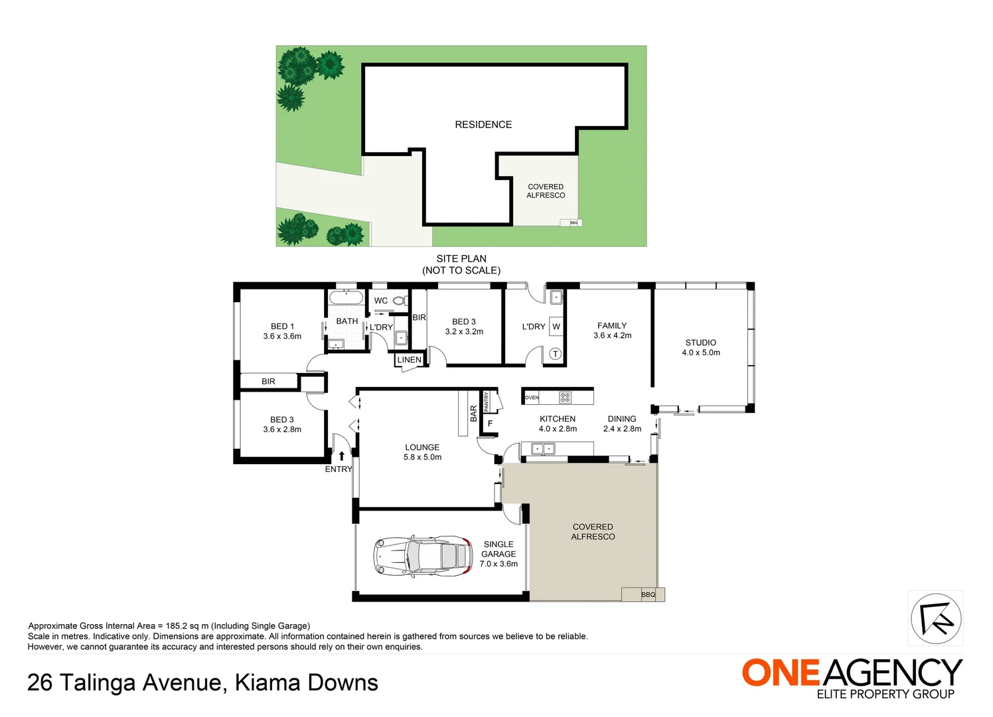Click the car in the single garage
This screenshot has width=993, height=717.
423,555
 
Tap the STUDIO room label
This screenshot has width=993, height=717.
700,347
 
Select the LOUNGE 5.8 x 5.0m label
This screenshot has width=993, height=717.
422,452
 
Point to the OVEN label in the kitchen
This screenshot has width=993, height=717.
532,398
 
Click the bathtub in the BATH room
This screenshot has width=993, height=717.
346,297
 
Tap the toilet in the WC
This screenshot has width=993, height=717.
400,301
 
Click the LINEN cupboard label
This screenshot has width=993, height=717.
409,360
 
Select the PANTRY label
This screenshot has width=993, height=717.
487,402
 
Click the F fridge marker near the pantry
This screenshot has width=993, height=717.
490,424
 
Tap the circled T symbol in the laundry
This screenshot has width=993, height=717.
555,354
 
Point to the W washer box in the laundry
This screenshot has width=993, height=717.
556,327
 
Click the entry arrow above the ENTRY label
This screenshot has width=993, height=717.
341,456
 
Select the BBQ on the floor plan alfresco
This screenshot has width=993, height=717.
648,594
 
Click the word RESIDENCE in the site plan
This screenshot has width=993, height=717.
483,125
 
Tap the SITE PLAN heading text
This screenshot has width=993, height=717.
461,259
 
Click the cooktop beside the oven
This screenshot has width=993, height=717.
565,398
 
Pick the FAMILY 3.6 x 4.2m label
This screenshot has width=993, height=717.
612,331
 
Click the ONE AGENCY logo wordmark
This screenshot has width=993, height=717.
852,673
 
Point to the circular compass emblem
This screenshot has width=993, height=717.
935,619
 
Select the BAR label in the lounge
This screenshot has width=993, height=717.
473,414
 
